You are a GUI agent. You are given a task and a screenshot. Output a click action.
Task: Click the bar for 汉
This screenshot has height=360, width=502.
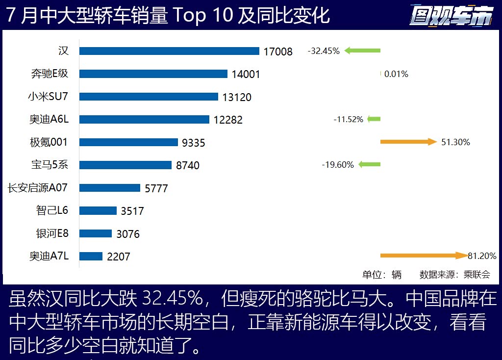point(169,51)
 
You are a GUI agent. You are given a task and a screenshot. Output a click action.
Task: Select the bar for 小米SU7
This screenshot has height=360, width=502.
point(149,97)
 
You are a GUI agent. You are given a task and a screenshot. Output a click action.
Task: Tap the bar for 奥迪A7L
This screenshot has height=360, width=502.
point(91,256)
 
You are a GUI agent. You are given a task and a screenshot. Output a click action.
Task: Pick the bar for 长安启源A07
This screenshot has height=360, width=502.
point(110,187)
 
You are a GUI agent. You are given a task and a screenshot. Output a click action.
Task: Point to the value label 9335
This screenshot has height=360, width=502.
point(193,143)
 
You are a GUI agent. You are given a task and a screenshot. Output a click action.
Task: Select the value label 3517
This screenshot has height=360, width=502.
point(132,211)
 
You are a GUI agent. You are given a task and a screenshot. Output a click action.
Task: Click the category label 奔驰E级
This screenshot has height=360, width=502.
point(50,74)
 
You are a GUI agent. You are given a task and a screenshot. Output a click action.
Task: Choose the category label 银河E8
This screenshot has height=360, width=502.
point(52,233)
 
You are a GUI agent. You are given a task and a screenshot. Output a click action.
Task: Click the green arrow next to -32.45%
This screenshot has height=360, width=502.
point(362,51)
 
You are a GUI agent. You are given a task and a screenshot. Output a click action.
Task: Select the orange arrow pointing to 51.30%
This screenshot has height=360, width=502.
point(408,142)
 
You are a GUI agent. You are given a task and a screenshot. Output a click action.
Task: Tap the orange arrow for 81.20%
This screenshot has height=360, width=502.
point(424,256)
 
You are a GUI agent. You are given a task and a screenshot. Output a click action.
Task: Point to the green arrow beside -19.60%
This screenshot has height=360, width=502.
point(369,165)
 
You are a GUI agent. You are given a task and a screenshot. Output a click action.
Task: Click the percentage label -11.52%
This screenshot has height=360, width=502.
point(348,119)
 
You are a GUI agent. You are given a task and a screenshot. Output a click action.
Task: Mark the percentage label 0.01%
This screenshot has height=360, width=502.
point(396,74)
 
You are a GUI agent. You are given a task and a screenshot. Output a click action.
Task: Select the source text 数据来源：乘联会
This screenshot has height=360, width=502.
point(454,275)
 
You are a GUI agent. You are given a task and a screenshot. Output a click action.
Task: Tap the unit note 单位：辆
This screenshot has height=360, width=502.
point(381,275)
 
